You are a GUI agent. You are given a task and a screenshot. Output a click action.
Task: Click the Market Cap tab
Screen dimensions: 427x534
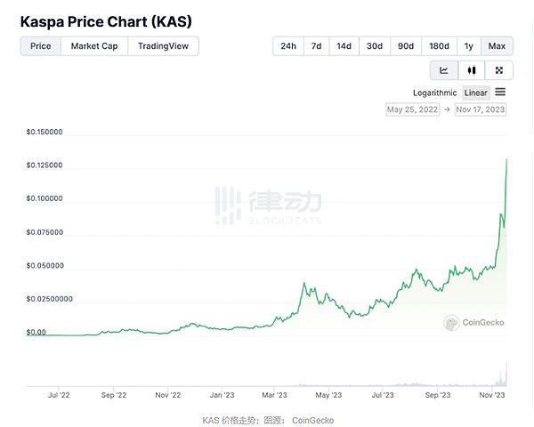(94, 45)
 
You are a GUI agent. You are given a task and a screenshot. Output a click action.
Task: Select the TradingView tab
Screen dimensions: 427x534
(163, 45)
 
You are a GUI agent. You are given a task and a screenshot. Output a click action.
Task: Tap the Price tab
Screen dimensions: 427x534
(41, 45)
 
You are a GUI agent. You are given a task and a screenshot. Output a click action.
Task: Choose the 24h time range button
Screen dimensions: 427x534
(288, 45)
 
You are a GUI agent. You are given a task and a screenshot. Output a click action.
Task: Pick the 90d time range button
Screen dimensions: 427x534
(406, 45)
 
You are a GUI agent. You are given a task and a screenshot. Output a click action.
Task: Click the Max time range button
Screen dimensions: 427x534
(497, 45)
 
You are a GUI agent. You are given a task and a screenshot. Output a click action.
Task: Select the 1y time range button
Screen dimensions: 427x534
(468, 45)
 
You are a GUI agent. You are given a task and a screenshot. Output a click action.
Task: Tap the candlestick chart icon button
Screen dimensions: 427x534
(472, 70)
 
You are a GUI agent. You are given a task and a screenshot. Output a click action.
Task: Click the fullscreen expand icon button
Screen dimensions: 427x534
(499, 70)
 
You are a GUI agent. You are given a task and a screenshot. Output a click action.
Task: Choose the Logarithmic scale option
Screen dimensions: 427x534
(434, 93)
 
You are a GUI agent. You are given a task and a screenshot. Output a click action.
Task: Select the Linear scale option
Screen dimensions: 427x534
(476, 93)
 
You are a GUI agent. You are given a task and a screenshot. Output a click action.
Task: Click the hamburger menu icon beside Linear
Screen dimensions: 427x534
(500, 92)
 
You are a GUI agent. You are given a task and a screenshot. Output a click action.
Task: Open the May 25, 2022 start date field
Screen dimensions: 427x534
(413, 109)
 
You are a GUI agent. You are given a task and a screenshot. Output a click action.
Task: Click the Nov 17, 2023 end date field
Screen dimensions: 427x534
(481, 109)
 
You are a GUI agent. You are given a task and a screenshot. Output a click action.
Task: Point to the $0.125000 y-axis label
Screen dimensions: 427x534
(44, 165)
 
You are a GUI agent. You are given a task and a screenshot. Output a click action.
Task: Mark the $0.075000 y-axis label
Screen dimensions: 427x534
(44, 232)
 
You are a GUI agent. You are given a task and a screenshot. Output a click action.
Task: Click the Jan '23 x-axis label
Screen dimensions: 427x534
(222, 393)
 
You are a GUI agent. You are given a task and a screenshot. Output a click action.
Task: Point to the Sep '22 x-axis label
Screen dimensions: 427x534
(114, 393)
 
